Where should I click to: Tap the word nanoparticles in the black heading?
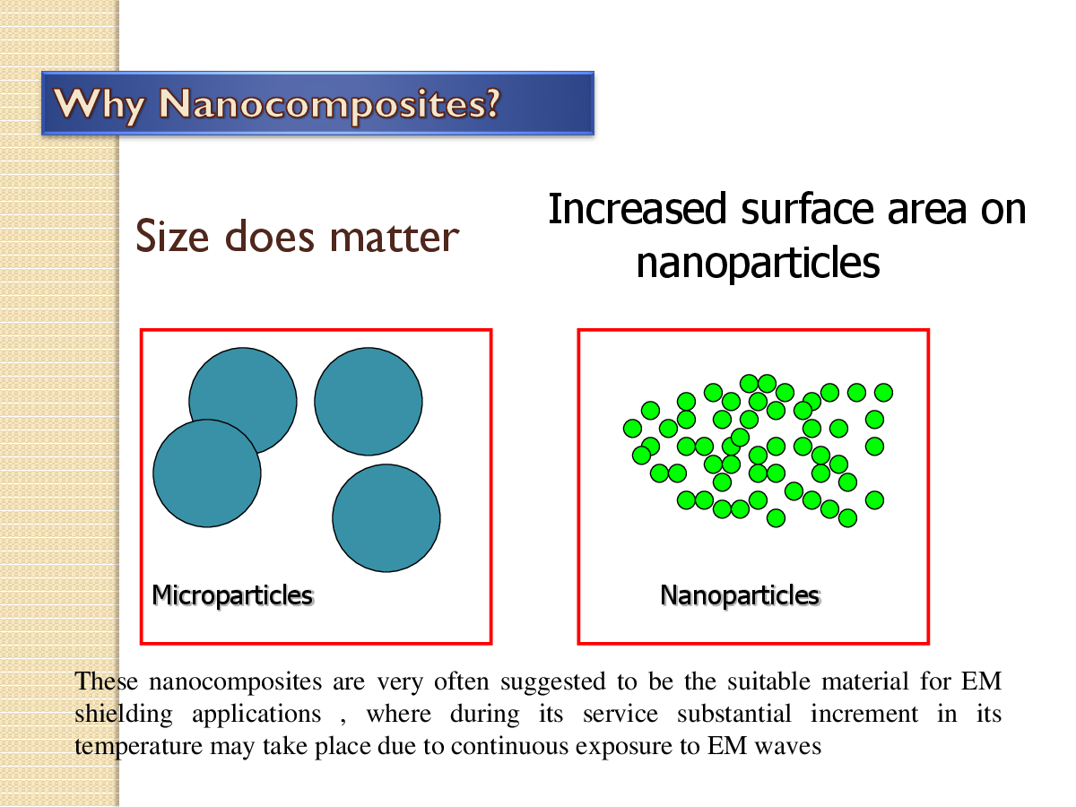tap(758, 264)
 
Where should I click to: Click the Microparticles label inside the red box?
tap(232, 594)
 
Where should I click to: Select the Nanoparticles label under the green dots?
tap(740, 594)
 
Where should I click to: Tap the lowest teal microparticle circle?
tap(386, 517)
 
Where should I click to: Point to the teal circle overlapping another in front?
tap(207, 473)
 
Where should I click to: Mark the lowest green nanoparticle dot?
tap(777, 517)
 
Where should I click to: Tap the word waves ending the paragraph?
tap(793, 747)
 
